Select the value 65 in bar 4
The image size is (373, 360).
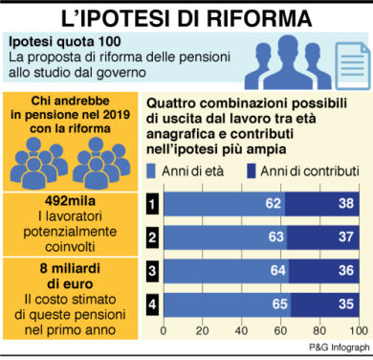(279, 305)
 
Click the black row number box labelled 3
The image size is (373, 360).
(151, 271)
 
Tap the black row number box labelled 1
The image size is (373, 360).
(151, 204)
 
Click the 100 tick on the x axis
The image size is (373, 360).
(362, 331)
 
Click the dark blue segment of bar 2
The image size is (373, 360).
(325, 236)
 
